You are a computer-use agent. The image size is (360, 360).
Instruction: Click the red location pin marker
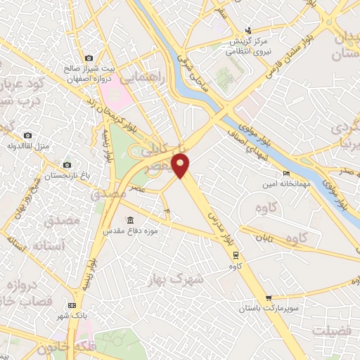[181, 166]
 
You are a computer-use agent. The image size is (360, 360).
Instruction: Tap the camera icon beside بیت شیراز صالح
[88, 58]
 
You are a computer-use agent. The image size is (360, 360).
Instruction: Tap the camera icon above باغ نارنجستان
[67, 164]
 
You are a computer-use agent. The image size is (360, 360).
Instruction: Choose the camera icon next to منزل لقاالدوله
[27, 135]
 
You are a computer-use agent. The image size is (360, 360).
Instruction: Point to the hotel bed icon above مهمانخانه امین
[285, 173]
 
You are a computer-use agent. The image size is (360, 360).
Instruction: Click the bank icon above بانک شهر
[72, 306]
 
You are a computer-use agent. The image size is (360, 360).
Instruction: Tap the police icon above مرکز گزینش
[248, 30]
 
